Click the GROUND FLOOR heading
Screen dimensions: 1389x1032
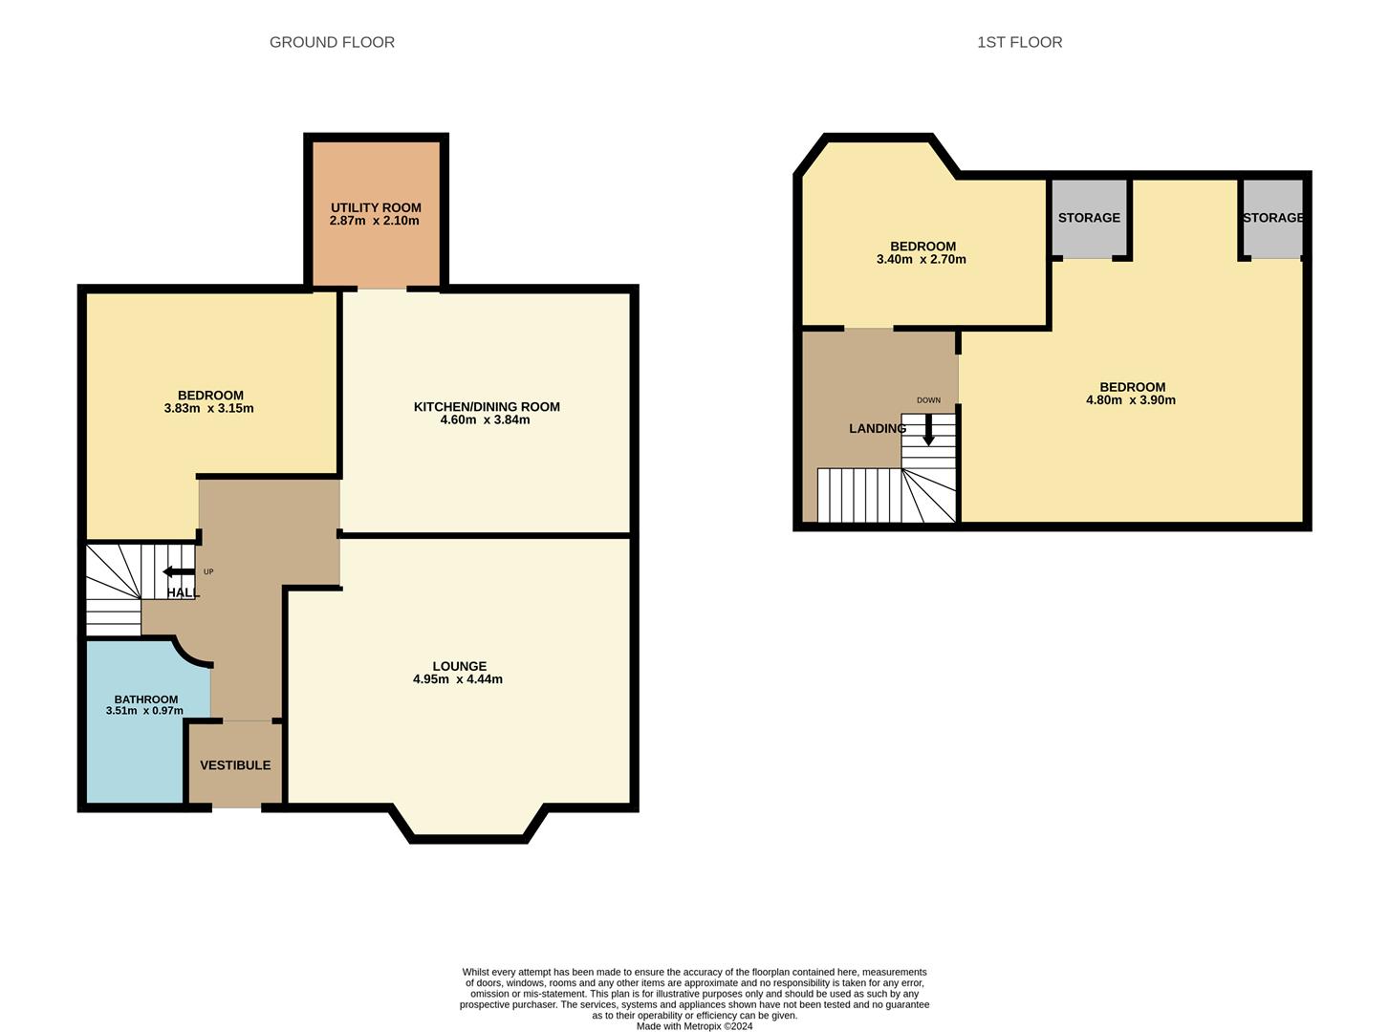pos(332,42)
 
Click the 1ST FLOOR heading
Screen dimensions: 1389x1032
pos(1019,42)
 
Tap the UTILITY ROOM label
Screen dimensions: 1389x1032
pos(376,207)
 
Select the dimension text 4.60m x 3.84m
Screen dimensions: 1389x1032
pos(485,419)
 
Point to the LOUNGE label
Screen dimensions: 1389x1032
pos(459,666)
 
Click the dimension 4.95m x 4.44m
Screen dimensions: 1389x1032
pos(458,678)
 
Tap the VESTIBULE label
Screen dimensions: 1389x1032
pos(235,765)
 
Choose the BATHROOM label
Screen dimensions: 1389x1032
pos(146,699)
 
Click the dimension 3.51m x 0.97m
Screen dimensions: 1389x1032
pos(144,711)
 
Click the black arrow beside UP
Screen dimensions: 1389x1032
pos(179,571)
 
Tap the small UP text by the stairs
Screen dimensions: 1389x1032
pos(208,571)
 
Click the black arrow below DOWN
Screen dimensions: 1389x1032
pos(929,430)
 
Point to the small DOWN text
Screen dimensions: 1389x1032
pos(929,400)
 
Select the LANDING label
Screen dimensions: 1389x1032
pos(878,428)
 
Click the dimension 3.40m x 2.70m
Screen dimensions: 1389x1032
pos(922,259)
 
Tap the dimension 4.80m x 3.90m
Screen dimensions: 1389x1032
pos(1130,399)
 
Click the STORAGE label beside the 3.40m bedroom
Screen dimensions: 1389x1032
pos(1089,217)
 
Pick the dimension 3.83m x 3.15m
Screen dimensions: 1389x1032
pos(209,408)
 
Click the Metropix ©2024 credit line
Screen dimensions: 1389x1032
pos(694,1026)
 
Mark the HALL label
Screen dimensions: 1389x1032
pos(184,592)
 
